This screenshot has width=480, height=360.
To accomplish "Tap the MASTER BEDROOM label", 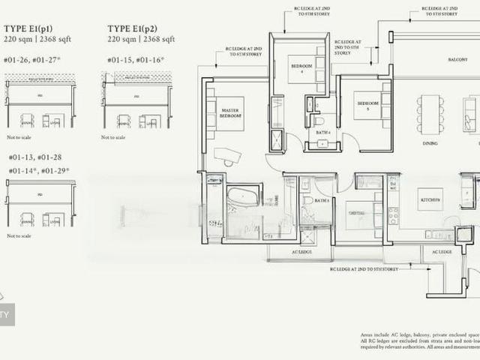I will pyautogui.click(x=230, y=113).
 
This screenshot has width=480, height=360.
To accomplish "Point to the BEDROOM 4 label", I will pyautogui.click(x=298, y=70).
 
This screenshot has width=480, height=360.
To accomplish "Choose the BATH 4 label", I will pyautogui.click(x=323, y=133).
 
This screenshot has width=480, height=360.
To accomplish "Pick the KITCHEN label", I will pyautogui.click(x=430, y=200).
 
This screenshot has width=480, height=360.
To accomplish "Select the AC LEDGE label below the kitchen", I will pyautogui.click(x=441, y=252).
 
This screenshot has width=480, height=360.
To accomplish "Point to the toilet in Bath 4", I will pyautogui.click(x=319, y=119).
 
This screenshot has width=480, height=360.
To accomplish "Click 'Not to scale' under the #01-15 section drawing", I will pyautogui.click(x=112, y=137).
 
